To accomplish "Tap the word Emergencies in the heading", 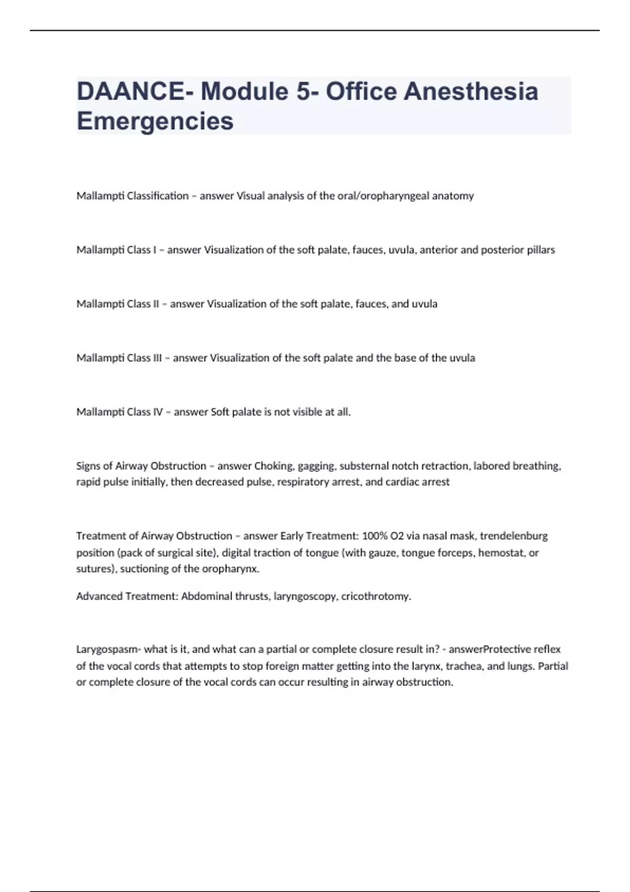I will (x=155, y=121).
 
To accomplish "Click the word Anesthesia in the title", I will (x=471, y=91).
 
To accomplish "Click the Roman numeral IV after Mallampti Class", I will (x=158, y=412).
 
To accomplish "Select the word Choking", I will (x=274, y=466).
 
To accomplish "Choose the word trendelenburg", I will (x=514, y=536).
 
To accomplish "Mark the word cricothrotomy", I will (x=376, y=596).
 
